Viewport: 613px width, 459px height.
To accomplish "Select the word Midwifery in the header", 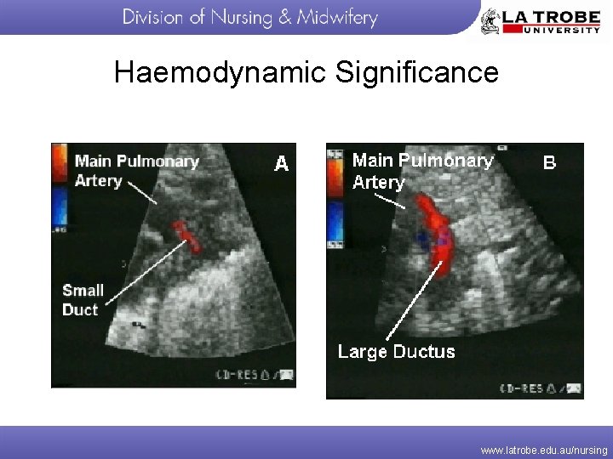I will point(336,18).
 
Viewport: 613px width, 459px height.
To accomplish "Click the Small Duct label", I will point(83,300).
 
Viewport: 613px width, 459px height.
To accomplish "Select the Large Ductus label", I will point(396,352).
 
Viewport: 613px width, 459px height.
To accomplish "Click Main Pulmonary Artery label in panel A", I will point(136,170).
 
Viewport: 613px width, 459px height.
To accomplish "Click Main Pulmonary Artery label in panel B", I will point(422,171).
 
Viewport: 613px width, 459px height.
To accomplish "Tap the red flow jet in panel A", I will point(185,236).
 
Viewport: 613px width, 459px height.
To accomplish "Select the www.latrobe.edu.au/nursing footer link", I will point(543,450).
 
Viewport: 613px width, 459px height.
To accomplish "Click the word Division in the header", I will point(154,18).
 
